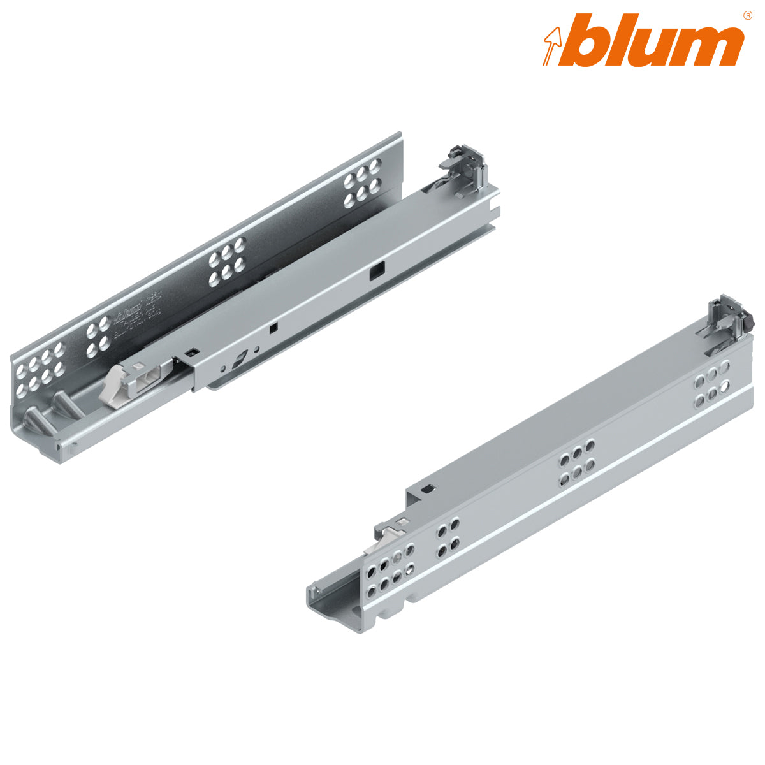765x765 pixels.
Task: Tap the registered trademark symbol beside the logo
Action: (747, 15)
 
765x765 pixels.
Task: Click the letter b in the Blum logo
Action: (590, 40)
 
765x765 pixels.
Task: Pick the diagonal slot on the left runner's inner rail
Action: (239, 360)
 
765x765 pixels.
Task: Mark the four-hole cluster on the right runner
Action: (448, 537)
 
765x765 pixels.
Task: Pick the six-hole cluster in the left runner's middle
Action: (226, 261)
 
